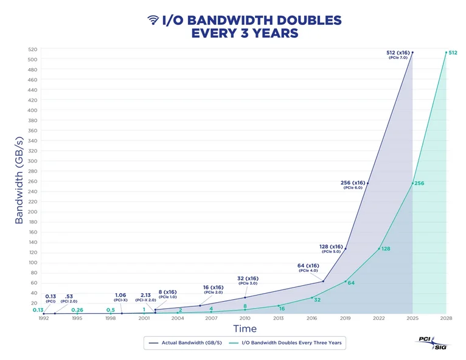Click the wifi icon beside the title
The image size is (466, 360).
(153, 20)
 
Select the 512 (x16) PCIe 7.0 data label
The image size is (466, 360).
(398, 54)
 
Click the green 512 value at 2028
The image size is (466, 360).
(452, 53)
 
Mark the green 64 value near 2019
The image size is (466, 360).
(351, 282)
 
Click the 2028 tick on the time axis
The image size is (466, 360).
(446, 318)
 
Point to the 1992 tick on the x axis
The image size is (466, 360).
(44, 318)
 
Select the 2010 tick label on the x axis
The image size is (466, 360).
(245, 318)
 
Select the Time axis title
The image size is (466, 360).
(245, 329)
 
